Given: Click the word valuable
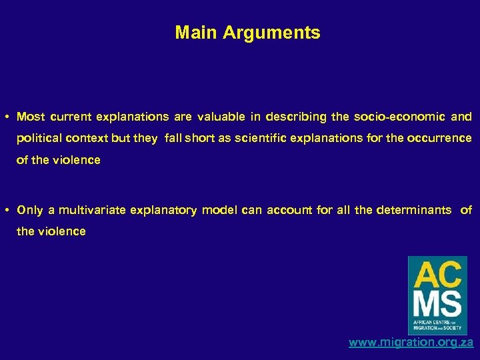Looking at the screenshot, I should tap(219, 117).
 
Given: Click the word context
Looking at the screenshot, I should tap(92, 139).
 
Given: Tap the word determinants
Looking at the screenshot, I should tap(413, 211).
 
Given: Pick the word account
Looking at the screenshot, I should tap(289, 211).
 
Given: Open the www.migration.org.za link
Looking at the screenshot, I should tap(411, 343).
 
